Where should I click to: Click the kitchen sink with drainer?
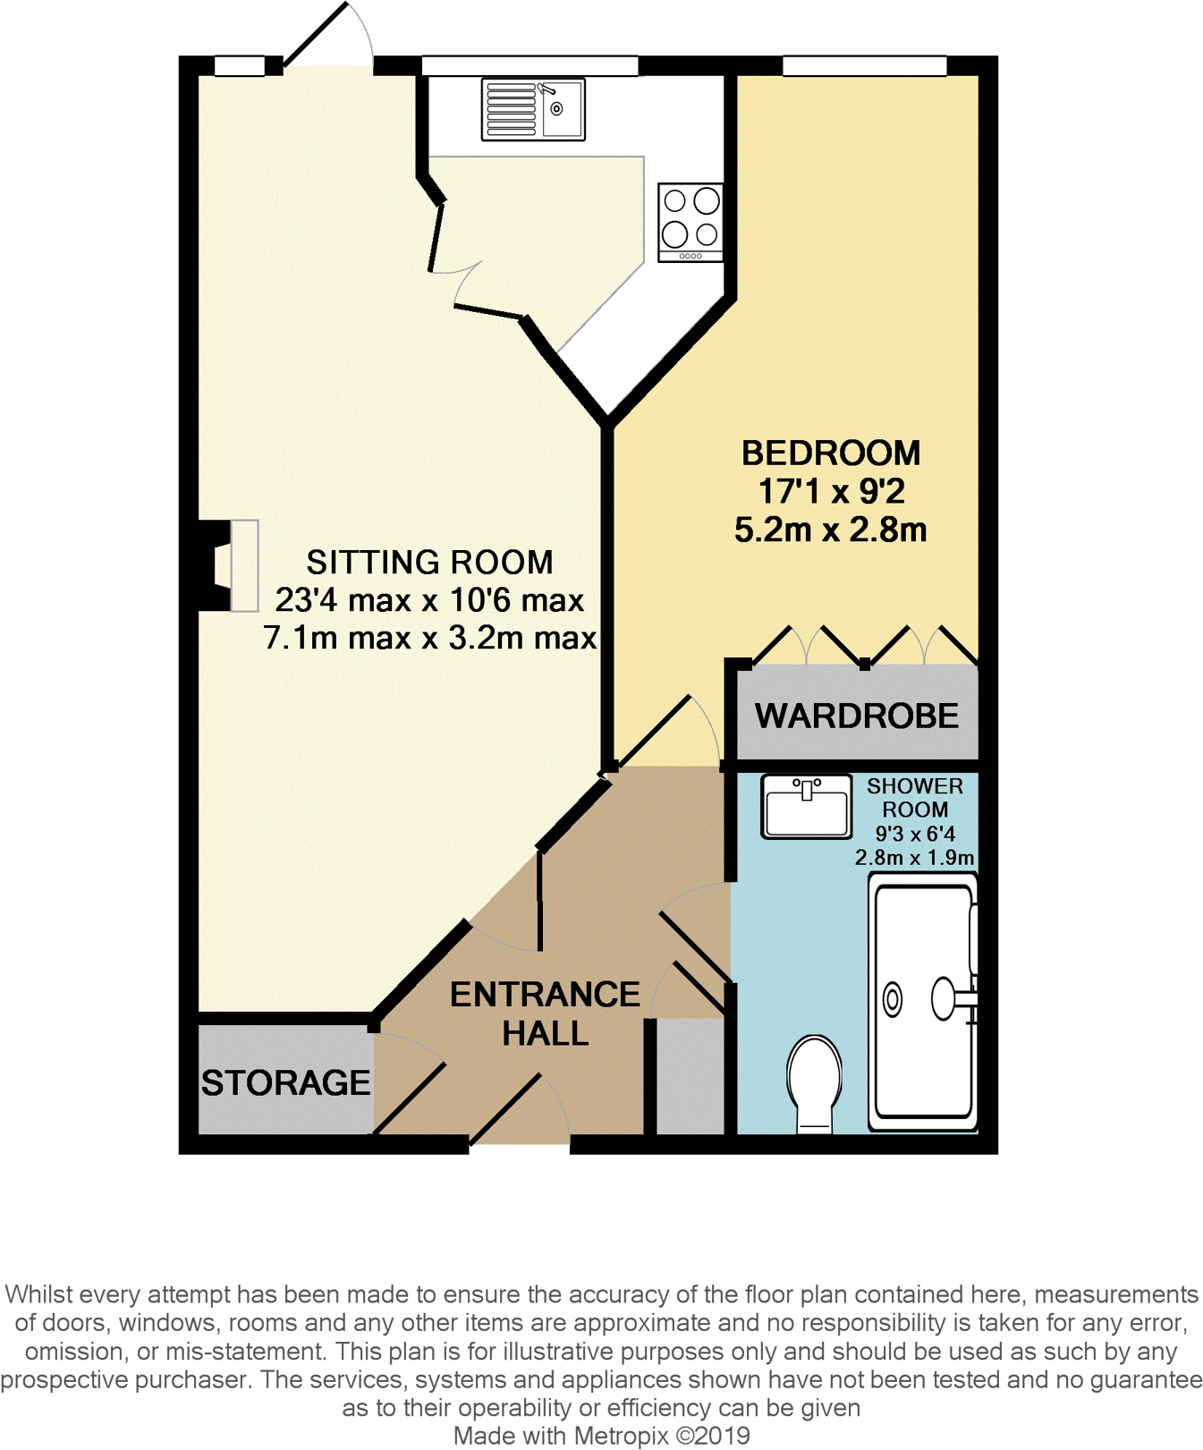533,109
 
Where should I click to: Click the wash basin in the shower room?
806,806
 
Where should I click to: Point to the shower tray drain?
893,999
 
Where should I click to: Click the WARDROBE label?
856,716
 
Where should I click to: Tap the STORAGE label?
285,1082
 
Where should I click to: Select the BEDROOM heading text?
830,453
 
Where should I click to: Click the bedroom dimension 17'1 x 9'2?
831,491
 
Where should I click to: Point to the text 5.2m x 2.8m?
830,530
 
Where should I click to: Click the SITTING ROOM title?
429,562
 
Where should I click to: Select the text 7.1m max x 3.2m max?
429,638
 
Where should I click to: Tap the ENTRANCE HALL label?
544,1013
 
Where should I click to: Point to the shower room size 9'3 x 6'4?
914,834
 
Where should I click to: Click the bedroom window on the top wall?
864,65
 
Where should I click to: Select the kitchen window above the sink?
529,65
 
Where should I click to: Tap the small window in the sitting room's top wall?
240,65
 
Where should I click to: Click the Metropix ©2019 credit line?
601,1436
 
